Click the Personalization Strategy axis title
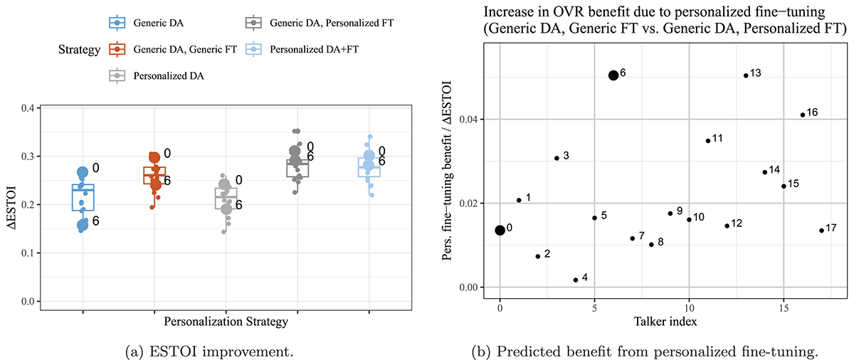point(226,322)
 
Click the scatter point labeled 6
point(613,75)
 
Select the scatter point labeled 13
point(746,75)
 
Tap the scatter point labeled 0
point(500,230)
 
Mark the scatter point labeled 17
point(821,231)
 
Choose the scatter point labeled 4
point(576,280)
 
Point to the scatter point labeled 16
point(803,115)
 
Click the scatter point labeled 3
point(557,158)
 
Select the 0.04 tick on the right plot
point(474,119)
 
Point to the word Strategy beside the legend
point(79,51)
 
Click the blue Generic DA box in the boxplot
point(83,197)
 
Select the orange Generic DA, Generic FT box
point(154,175)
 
